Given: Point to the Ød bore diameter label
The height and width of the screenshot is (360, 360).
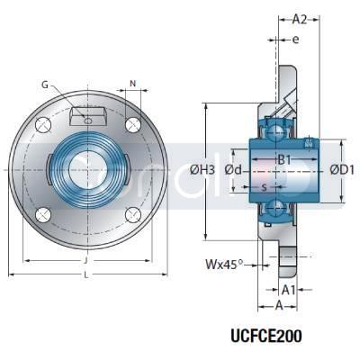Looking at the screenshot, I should pyautogui.click(x=235, y=169).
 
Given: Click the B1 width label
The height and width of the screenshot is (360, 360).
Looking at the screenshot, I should pyautogui.click(x=284, y=161).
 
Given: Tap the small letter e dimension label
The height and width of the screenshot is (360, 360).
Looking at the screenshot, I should pyautogui.click(x=294, y=40).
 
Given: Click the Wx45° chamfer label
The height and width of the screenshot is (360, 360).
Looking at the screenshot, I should pyautogui.click(x=224, y=265).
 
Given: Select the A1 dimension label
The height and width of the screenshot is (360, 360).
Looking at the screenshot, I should pyautogui.click(x=289, y=290).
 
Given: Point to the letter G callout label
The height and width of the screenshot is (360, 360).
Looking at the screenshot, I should pyautogui.click(x=46, y=85).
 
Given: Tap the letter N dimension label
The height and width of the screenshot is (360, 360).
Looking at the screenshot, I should pyautogui.click(x=133, y=85).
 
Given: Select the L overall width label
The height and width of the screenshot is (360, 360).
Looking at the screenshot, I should pyautogui.click(x=87, y=276).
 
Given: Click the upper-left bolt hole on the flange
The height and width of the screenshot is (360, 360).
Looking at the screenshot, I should pyautogui.click(x=43, y=124).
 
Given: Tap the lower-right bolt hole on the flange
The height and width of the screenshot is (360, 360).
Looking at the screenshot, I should pyautogui.click(x=132, y=213).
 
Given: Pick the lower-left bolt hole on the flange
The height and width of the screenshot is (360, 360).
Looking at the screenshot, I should pyautogui.click(x=43, y=213).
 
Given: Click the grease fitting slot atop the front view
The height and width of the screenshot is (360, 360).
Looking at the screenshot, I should pyautogui.click(x=88, y=115).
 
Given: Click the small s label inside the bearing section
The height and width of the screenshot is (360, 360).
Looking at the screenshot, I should pyautogui.click(x=263, y=188).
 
